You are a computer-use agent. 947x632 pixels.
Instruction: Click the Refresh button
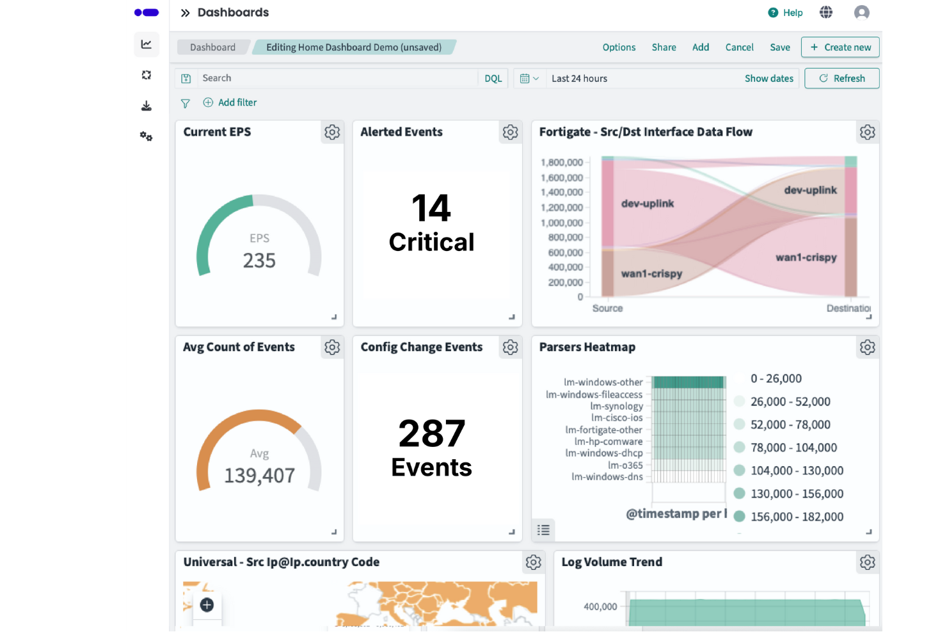(841, 78)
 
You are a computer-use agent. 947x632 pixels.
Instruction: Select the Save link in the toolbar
(779, 47)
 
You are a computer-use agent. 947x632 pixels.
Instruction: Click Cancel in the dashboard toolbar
(739, 47)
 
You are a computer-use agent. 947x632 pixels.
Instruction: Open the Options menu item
(619, 47)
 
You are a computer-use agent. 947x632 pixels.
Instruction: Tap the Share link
(664, 47)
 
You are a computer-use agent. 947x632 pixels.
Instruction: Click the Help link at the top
(786, 13)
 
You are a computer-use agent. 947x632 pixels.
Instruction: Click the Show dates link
(768, 78)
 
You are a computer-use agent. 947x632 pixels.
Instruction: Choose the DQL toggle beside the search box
(493, 78)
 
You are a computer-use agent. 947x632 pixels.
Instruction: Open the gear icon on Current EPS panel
(332, 132)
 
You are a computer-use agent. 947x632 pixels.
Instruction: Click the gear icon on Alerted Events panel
(510, 132)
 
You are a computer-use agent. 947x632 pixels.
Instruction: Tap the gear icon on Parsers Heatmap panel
(867, 347)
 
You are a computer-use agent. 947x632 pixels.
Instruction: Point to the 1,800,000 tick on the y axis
(562, 163)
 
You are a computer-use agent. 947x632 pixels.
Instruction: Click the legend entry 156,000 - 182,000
(796, 517)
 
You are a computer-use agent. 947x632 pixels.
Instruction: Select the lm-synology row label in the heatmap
(616, 406)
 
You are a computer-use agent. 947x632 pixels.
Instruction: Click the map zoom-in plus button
(207, 604)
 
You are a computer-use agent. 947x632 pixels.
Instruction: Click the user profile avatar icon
(861, 13)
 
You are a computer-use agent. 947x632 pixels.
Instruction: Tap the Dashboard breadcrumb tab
(212, 47)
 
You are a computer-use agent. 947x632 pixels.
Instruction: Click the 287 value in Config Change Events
(431, 433)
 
